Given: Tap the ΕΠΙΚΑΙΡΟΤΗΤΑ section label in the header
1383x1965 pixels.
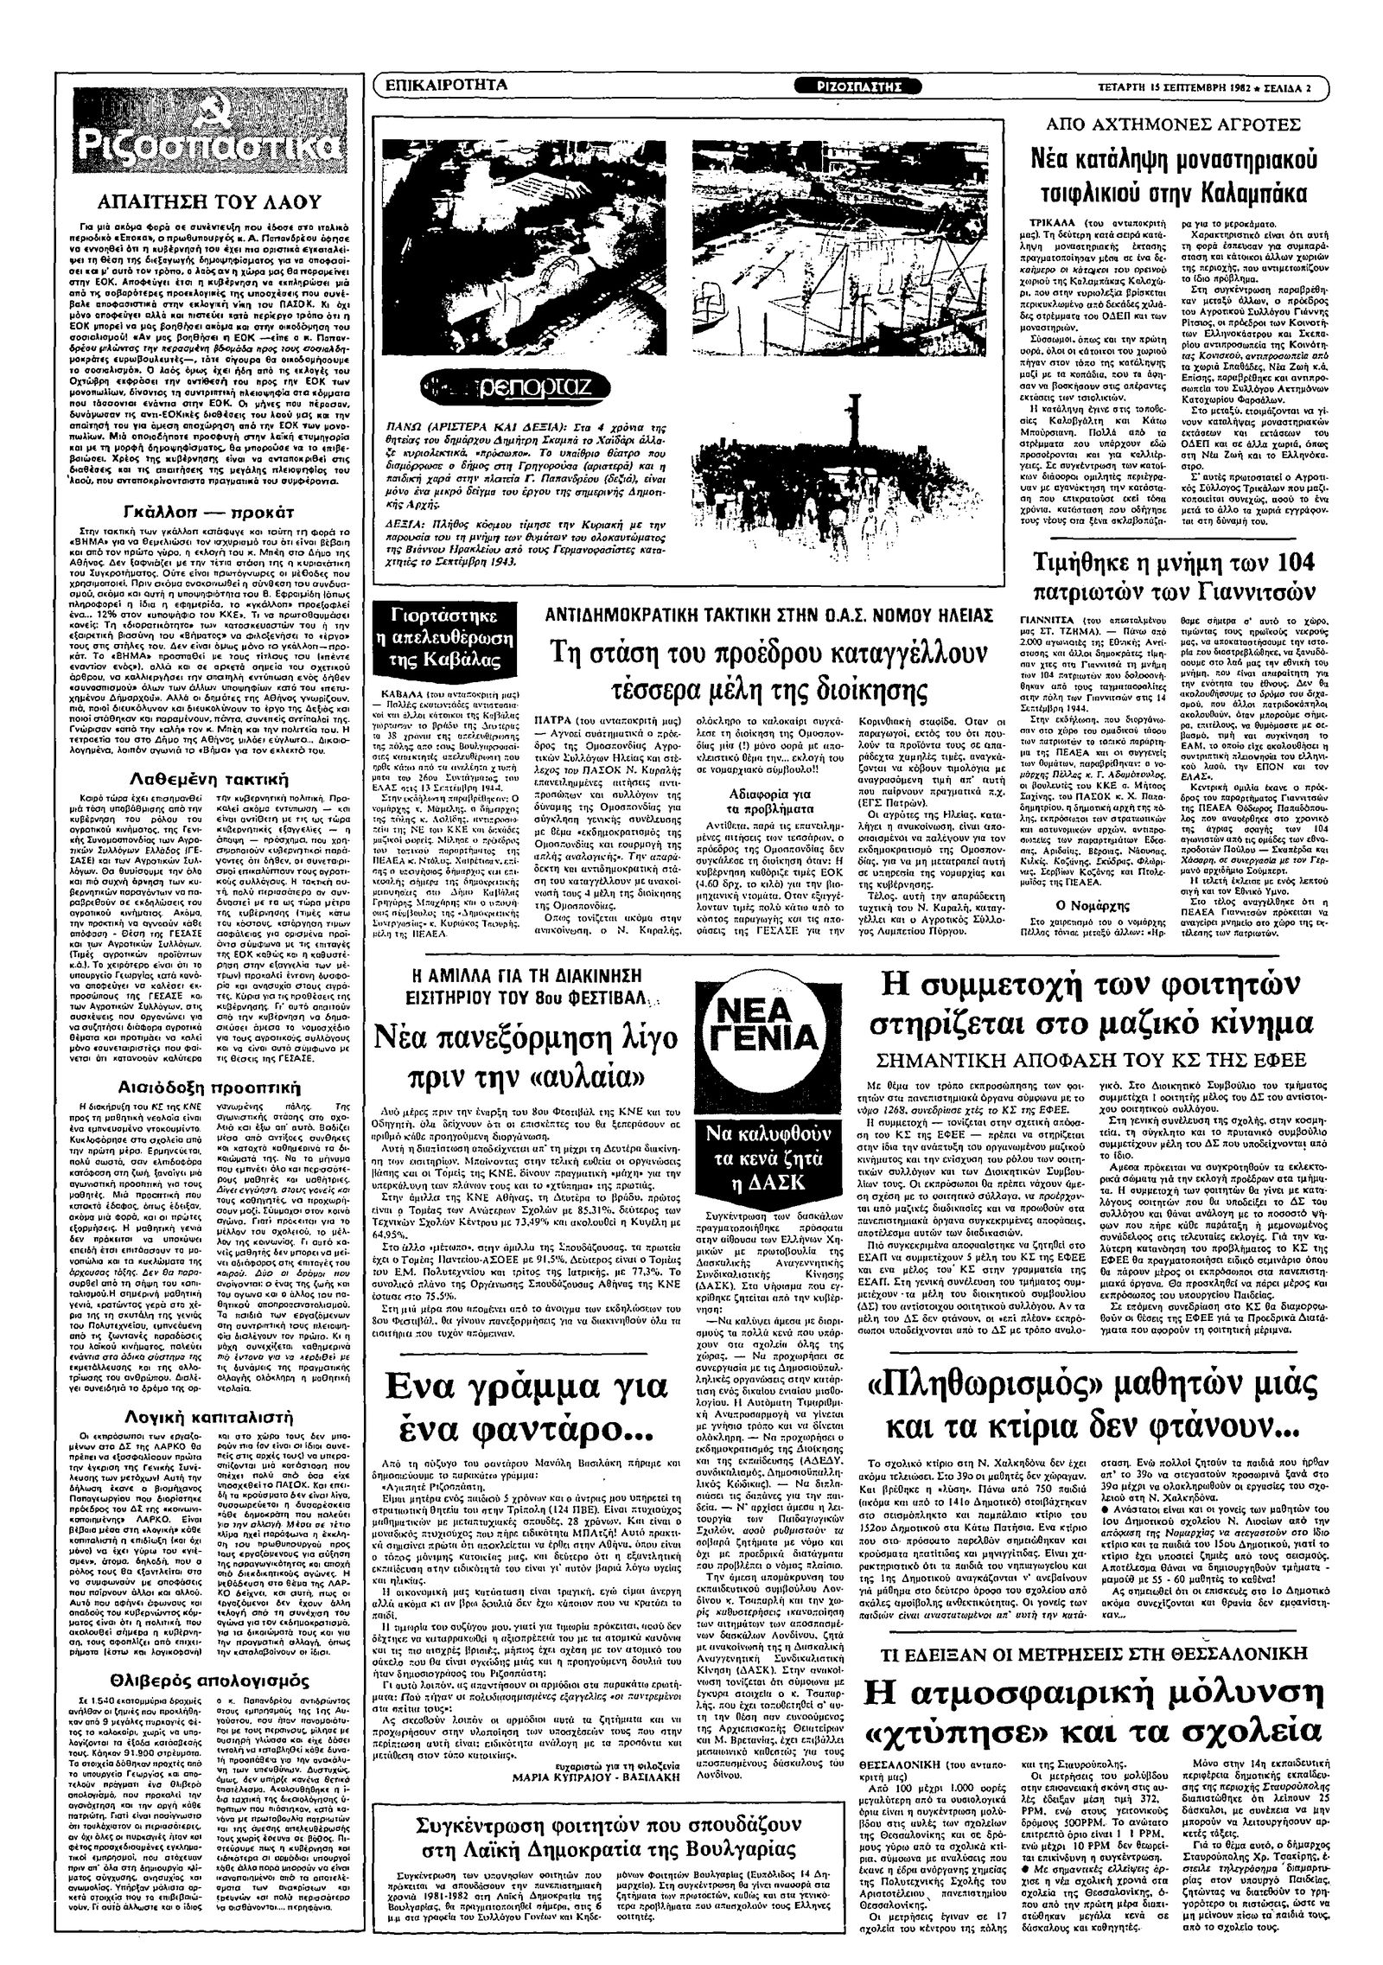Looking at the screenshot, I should pos(445,86).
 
